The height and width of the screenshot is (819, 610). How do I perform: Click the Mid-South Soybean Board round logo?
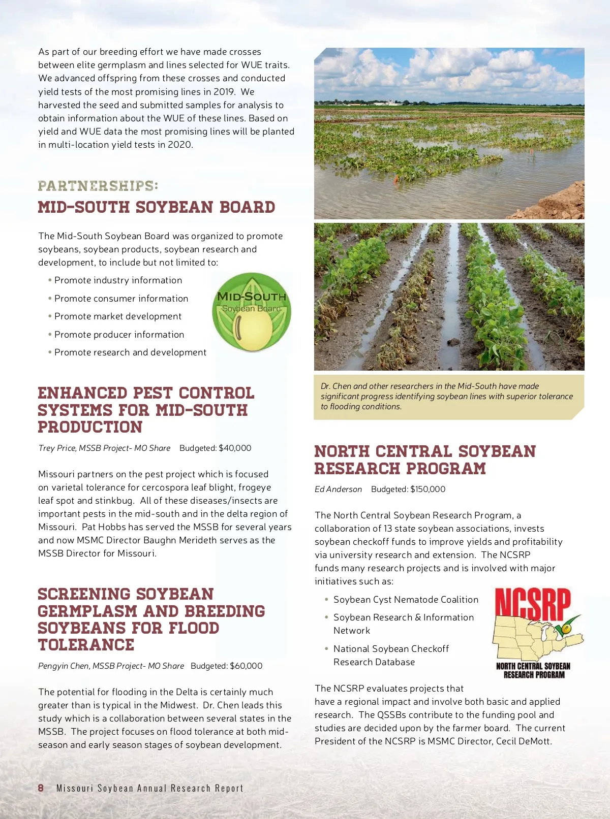point(252,313)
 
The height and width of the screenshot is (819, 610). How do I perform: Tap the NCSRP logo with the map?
point(535,633)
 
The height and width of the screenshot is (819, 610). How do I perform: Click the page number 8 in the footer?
point(41,788)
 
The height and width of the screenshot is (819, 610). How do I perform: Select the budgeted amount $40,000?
point(235,448)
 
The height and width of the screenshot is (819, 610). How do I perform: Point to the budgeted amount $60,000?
point(246,666)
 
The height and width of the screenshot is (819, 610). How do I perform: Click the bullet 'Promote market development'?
point(117,316)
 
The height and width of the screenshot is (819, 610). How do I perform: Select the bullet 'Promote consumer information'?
point(121,299)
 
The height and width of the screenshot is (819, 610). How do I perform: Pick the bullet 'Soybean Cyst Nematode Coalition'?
point(406,600)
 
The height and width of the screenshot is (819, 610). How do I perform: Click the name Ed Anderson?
point(338,489)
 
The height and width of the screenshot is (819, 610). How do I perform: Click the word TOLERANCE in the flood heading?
point(86,645)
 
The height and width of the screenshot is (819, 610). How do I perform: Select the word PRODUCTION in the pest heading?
point(90,427)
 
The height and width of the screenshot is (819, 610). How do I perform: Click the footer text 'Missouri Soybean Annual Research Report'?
point(150,788)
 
